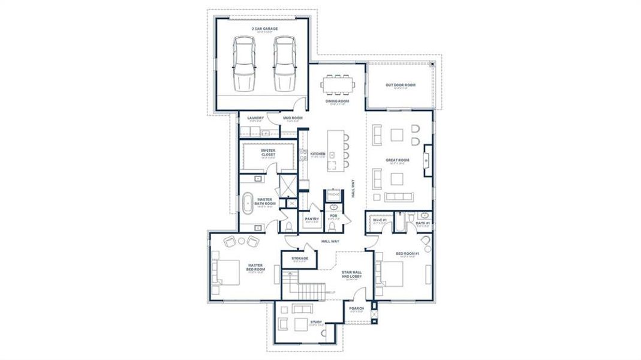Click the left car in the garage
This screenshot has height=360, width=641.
point(243,63)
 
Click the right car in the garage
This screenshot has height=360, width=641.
point(284,63)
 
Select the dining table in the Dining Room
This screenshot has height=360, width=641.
point(338,85)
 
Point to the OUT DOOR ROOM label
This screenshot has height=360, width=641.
point(400,85)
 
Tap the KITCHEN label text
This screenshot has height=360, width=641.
point(318,154)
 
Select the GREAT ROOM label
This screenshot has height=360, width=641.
point(397,160)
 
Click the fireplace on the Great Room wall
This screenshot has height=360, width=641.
point(428,160)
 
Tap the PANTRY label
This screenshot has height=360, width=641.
point(311,219)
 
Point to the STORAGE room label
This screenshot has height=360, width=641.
point(300,259)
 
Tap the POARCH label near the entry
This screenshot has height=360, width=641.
point(356,308)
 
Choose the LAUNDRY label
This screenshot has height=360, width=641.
point(255,118)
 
